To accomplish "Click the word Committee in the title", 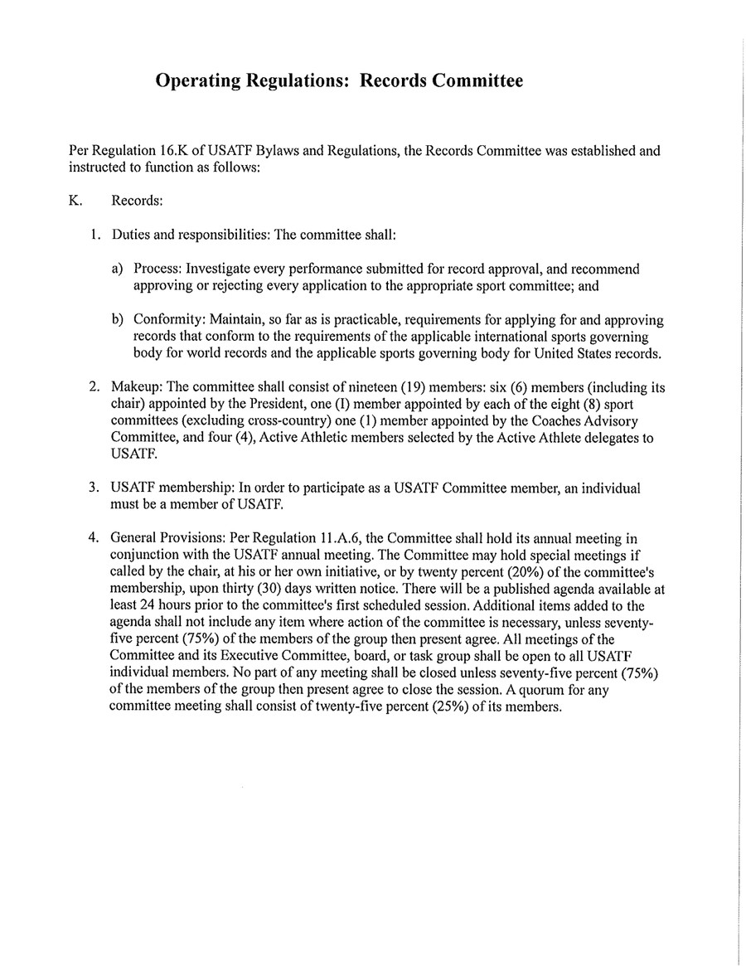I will click(476, 81).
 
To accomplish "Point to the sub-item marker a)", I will click(119, 270).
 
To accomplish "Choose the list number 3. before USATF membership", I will click(95, 488).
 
